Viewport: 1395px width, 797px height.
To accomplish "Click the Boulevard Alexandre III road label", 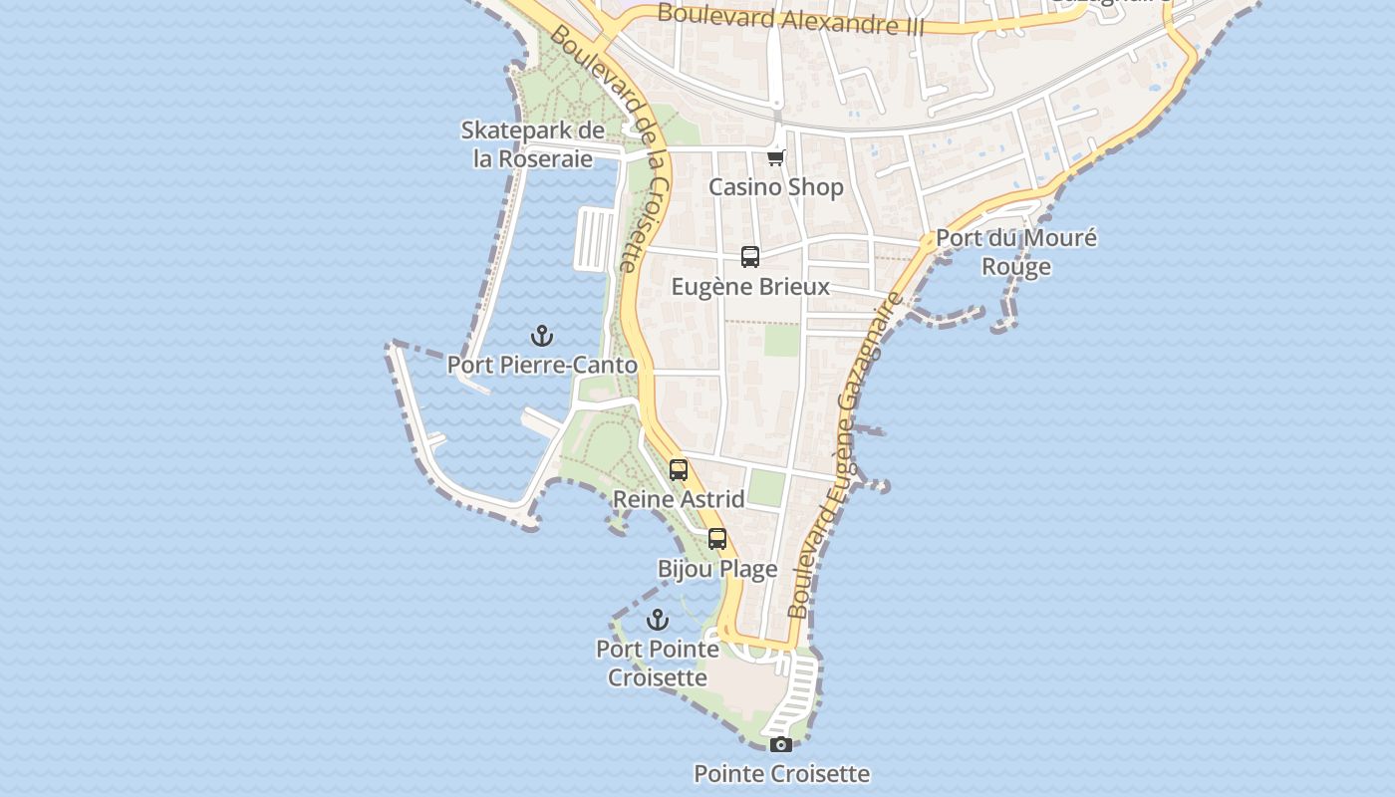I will coord(790,19).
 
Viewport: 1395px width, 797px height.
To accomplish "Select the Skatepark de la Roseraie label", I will coord(533,144).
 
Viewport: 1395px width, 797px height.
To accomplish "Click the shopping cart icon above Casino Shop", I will coord(776,157).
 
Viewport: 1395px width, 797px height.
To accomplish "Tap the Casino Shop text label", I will coord(776,187).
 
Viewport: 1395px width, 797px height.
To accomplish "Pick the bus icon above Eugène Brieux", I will coord(750,257).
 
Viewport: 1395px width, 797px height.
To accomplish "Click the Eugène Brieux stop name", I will coord(750,287).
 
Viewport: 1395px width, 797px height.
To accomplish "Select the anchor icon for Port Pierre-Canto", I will coord(542,335).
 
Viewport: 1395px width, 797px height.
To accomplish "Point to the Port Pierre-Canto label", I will coord(542,365).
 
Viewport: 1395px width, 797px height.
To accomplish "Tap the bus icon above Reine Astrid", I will coord(679,470).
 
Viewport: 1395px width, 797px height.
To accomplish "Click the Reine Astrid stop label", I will coord(679,499).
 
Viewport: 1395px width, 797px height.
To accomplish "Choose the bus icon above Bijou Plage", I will coord(717,540).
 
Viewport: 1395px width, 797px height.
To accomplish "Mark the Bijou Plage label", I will coord(717,570).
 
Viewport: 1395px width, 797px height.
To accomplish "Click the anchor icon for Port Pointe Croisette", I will coord(658,620).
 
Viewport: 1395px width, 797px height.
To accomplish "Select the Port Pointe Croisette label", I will coord(658,664).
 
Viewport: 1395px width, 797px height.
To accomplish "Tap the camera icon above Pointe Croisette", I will coord(781,744).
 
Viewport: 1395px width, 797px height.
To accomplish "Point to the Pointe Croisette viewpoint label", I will coord(781,774).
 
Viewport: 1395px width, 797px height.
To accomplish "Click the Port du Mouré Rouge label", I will coord(1016,252).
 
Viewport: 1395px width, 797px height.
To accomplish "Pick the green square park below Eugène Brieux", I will coord(782,341).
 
